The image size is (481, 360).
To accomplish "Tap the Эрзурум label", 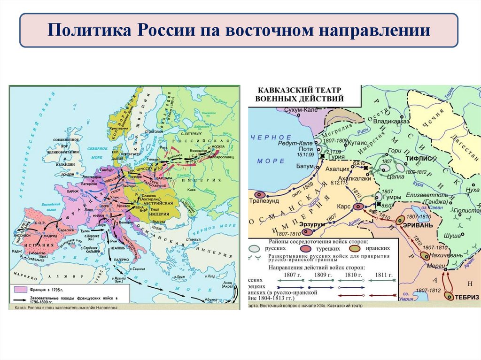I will (298, 224).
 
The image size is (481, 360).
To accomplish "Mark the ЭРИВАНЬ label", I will (418, 224).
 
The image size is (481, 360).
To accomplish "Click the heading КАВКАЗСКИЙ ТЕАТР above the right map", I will (299, 90).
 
